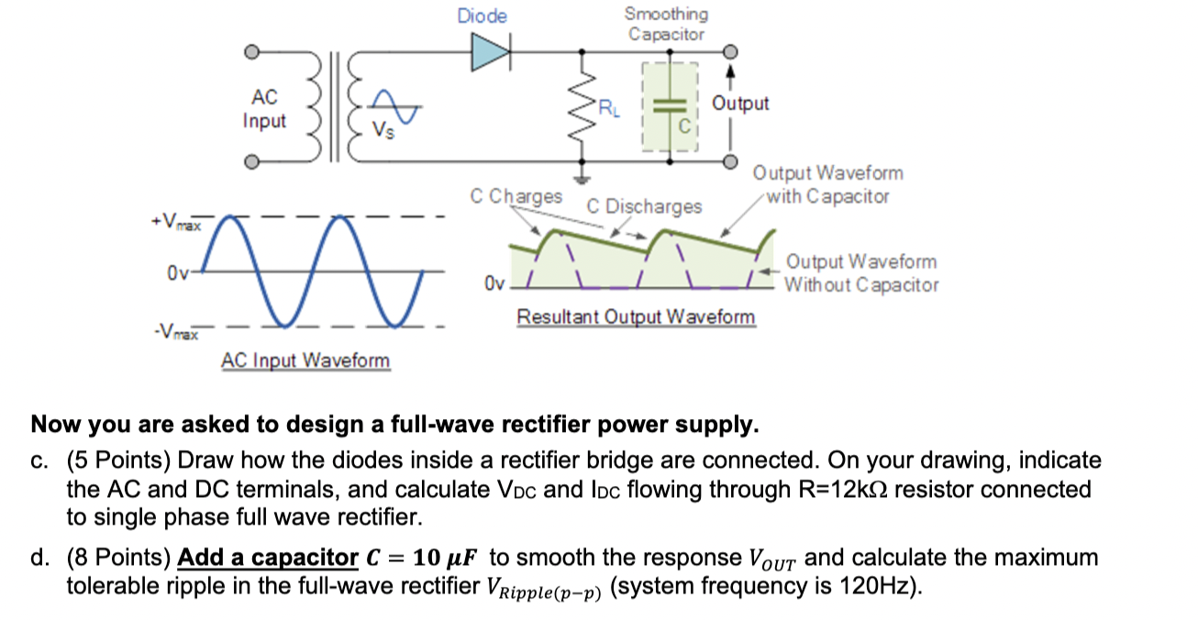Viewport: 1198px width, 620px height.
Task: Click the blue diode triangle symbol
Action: (488, 51)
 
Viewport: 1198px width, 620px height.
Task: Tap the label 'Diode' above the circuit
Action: (482, 17)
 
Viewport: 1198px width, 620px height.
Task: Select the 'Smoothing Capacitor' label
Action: (666, 24)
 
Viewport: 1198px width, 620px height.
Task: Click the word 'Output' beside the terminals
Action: (740, 104)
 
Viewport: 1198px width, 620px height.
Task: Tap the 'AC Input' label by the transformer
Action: (264, 109)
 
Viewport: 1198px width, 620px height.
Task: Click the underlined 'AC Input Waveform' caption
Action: (305, 360)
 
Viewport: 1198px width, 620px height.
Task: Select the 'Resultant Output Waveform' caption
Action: (637, 317)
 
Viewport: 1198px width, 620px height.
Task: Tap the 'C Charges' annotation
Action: (516, 196)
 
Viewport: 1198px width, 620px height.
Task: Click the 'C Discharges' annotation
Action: (644, 206)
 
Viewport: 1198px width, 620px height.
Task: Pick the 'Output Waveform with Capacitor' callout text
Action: (826, 184)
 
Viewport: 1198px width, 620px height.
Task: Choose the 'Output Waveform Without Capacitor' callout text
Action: (860, 273)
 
